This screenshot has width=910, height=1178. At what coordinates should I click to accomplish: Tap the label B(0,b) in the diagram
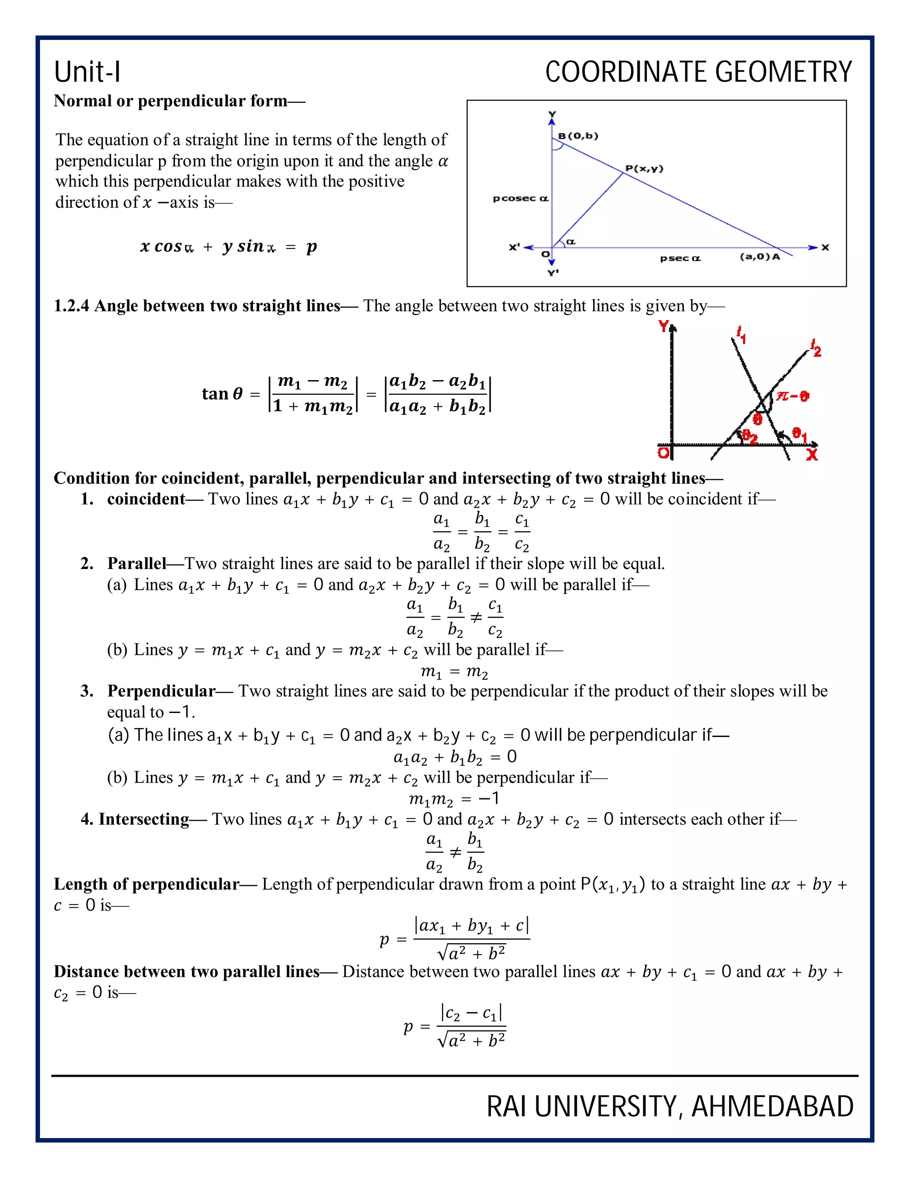pyautogui.click(x=578, y=136)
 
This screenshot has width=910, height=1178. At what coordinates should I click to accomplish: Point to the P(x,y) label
pyautogui.click(x=644, y=169)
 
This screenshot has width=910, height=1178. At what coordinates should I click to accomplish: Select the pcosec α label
pyautogui.click(x=520, y=199)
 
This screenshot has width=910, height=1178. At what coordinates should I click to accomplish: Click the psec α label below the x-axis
pyautogui.click(x=680, y=258)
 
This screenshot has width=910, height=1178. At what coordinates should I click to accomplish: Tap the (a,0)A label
pyautogui.click(x=759, y=257)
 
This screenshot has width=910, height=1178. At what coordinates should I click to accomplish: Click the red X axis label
pyautogui.click(x=812, y=455)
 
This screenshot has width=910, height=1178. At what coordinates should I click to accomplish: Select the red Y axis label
pyautogui.click(x=664, y=327)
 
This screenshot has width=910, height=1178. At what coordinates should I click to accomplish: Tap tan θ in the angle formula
pyautogui.click(x=222, y=394)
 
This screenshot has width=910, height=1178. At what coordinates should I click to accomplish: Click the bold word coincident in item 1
pyautogui.click(x=146, y=499)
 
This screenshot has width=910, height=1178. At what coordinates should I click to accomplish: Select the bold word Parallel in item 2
pyautogui.click(x=136, y=564)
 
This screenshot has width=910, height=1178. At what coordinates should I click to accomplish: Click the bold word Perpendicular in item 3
pyautogui.click(x=161, y=691)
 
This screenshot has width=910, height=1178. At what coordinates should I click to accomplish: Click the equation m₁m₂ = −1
pyautogui.click(x=455, y=798)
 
